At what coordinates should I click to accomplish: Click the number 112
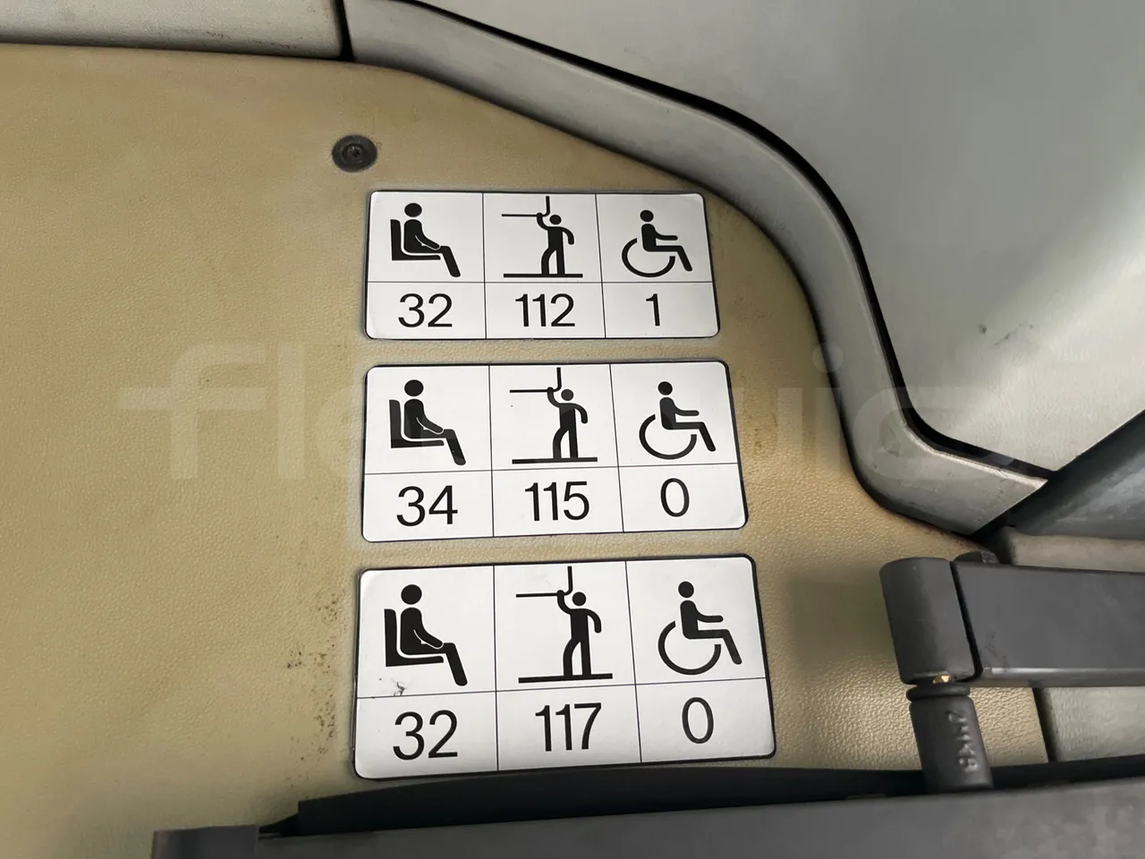tap(545, 312)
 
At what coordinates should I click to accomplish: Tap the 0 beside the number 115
tap(675, 500)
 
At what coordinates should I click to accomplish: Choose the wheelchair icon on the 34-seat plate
tap(678, 419)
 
